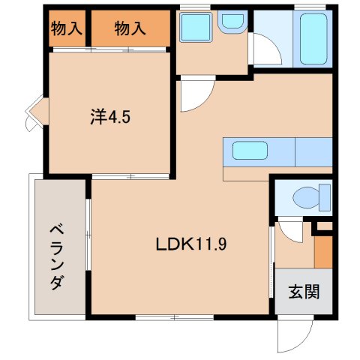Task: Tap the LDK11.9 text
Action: point(193,244)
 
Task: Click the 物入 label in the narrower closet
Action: point(67,29)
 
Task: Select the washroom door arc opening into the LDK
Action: point(196,91)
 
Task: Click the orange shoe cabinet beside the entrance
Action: point(322,253)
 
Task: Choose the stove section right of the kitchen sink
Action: point(313,151)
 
